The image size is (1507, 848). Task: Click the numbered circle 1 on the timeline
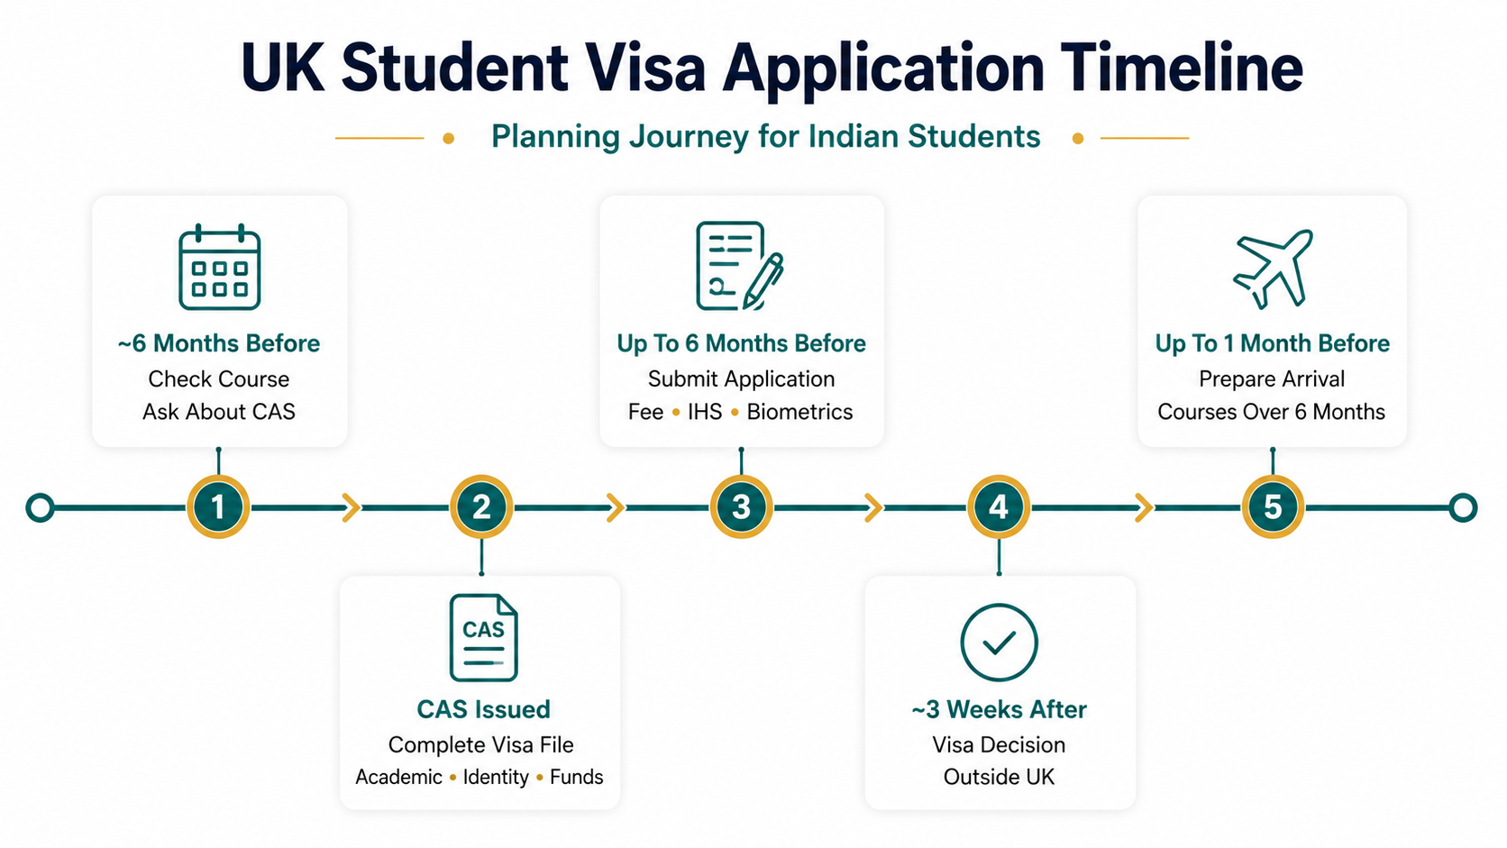(x=218, y=506)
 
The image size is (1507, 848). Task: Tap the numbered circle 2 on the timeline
(x=481, y=506)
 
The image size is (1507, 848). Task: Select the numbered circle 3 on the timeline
(x=741, y=506)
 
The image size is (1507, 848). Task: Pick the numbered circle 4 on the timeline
(x=999, y=506)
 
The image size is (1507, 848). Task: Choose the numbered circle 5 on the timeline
(x=1272, y=506)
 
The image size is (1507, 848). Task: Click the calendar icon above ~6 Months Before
(x=219, y=267)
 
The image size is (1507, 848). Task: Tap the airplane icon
(x=1272, y=269)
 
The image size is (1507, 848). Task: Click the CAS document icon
(x=483, y=637)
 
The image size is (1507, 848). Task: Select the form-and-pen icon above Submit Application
(x=739, y=266)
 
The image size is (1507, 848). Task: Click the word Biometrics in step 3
(x=800, y=412)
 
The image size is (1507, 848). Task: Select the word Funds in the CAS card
(x=577, y=777)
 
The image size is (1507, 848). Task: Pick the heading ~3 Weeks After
(x=999, y=709)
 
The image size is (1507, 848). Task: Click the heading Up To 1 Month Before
(x=1272, y=343)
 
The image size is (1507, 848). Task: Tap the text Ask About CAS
(x=219, y=412)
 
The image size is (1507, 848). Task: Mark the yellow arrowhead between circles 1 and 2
(x=352, y=507)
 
